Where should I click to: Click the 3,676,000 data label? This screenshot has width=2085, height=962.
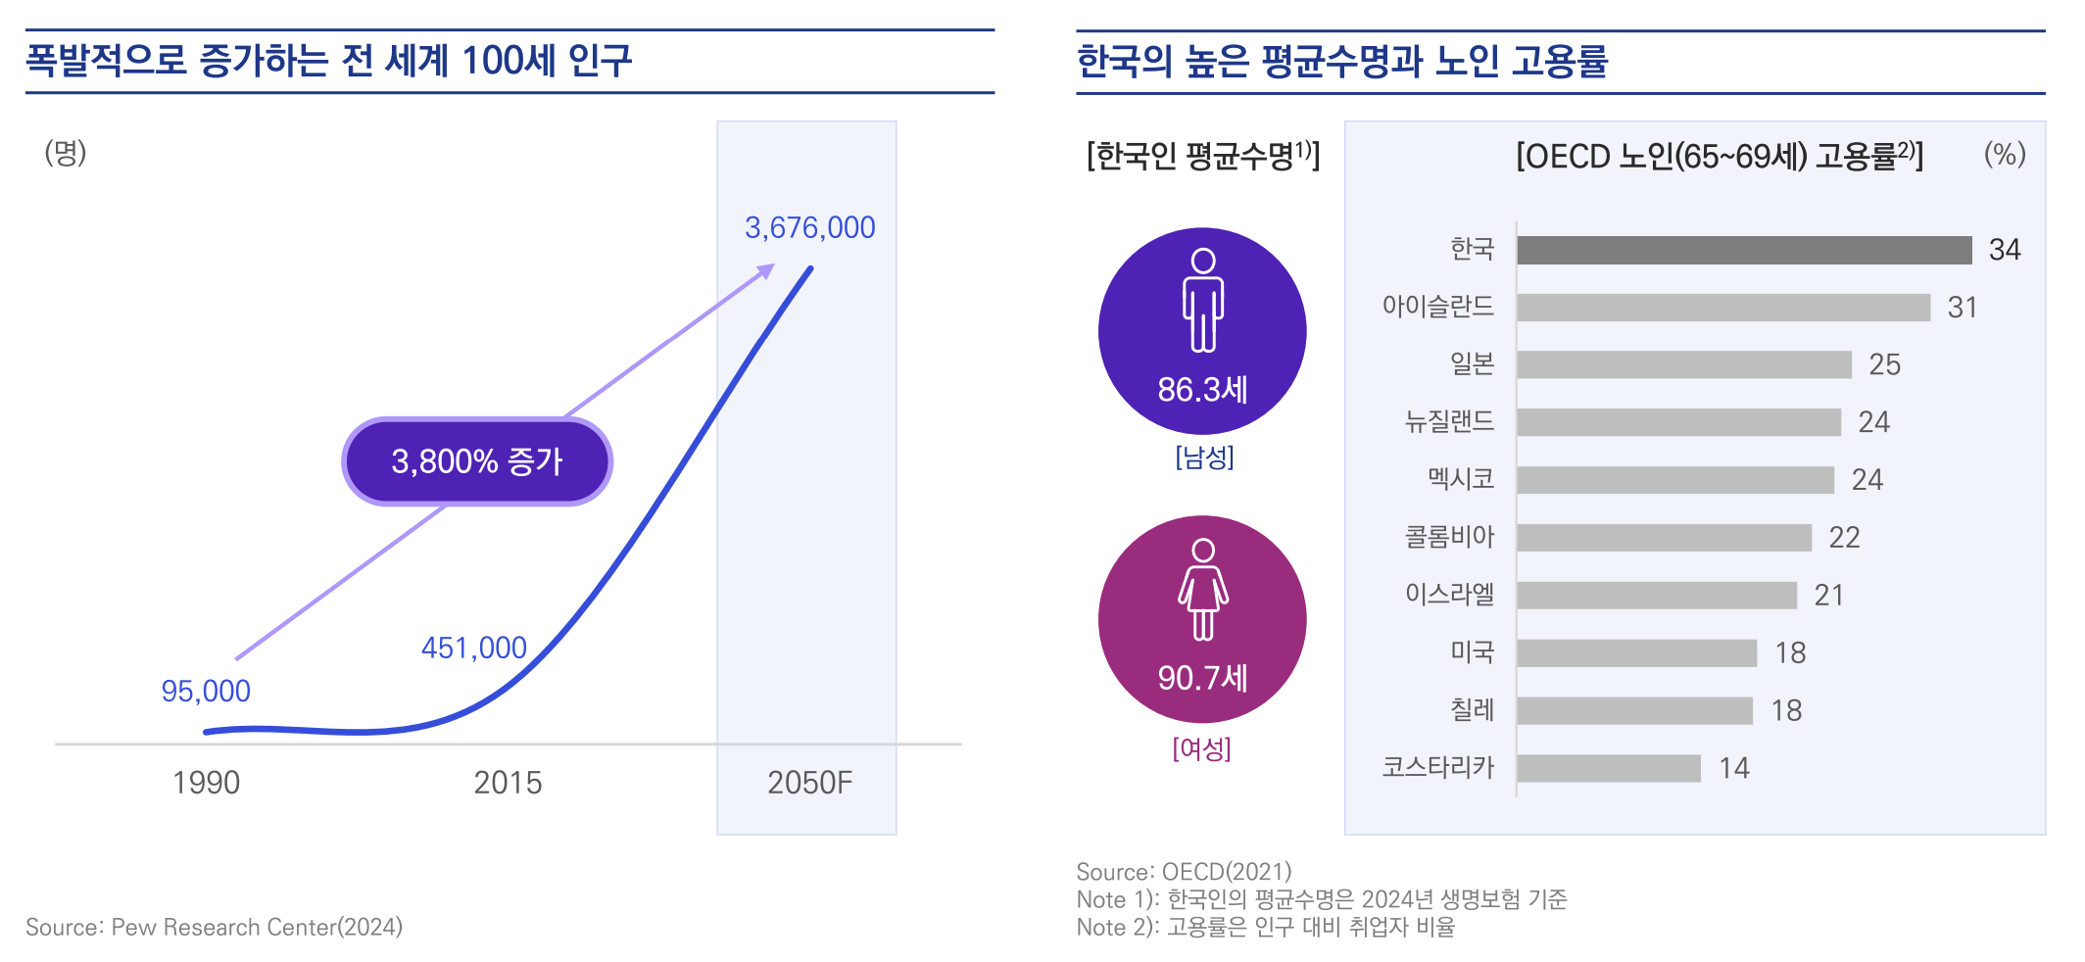(809, 227)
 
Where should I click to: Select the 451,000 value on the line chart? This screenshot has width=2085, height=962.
(474, 648)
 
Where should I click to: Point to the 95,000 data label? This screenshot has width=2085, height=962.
(206, 691)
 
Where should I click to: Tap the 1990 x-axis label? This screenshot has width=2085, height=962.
(206, 783)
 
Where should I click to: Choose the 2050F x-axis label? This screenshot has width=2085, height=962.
(809, 783)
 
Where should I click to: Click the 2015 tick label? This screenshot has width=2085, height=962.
(508, 783)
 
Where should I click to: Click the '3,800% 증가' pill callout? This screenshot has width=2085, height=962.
(477, 461)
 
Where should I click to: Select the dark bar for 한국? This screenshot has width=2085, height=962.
(1744, 250)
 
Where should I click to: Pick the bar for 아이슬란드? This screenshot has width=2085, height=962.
(1722, 308)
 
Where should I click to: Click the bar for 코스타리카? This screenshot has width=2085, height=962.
(1609, 768)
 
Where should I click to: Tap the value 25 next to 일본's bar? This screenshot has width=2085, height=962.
(1884, 364)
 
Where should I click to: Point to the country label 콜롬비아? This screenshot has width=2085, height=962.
(1449, 537)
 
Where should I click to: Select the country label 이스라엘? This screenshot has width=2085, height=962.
(1449, 595)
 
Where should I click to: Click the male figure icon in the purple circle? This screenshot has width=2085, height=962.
(1203, 299)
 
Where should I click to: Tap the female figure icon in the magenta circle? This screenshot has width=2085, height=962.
(1203, 589)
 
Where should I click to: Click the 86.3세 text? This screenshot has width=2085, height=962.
(1202, 390)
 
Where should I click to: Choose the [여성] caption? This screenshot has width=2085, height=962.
(1201, 749)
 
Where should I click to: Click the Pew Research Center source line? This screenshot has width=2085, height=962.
(214, 927)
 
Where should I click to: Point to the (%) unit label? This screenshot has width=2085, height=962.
(2005, 154)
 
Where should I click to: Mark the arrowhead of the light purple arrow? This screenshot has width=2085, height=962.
(767, 269)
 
